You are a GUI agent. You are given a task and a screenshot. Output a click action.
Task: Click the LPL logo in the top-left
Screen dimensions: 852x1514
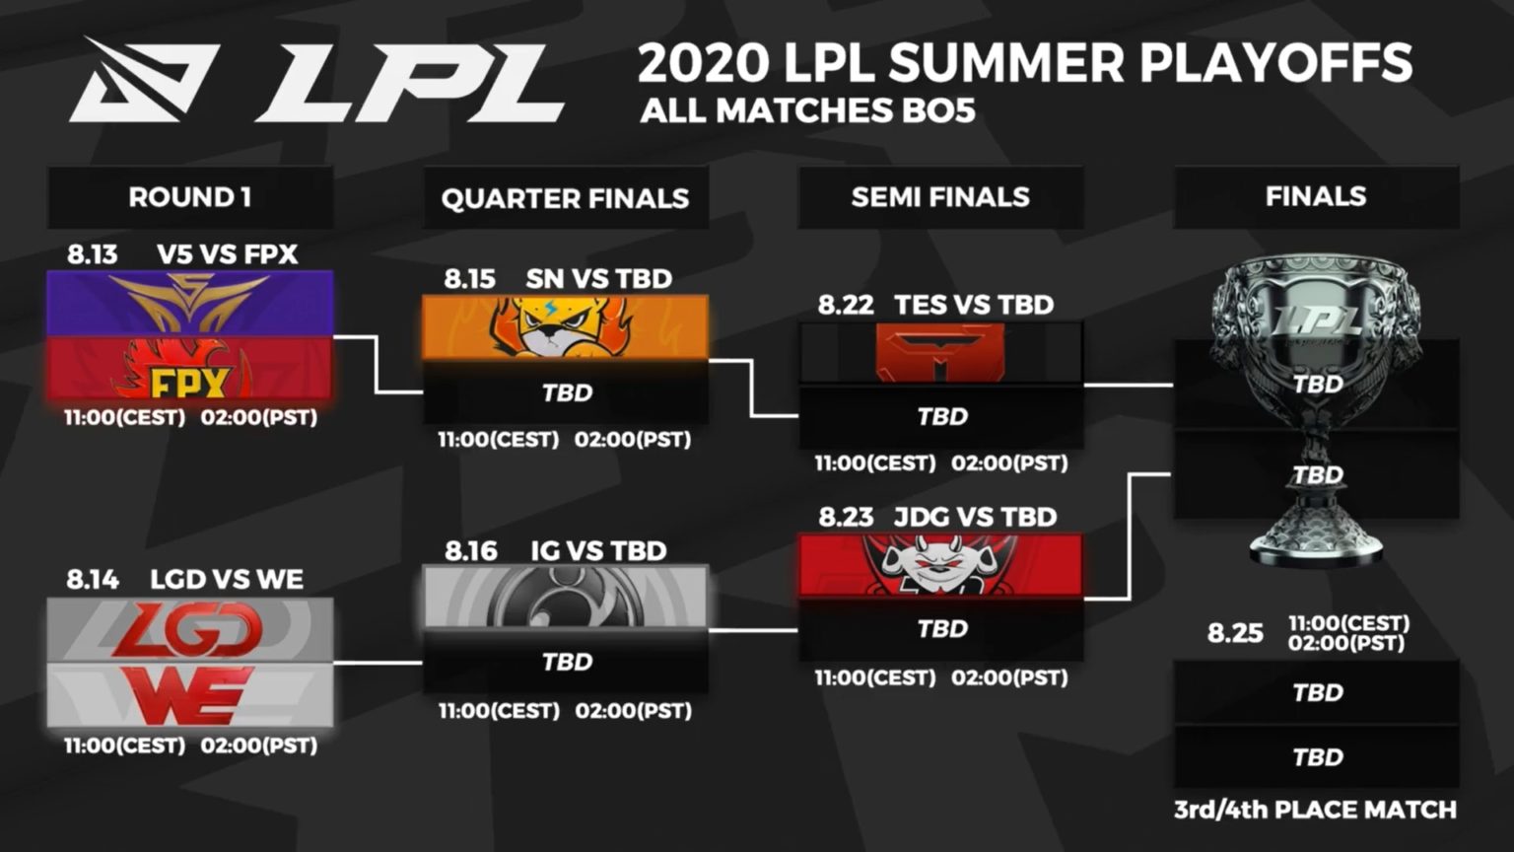[x=315, y=81]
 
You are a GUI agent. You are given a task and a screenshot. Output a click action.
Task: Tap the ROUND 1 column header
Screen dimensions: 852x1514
[x=189, y=197]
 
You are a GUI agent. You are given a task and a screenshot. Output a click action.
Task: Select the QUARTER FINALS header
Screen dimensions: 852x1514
[x=565, y=198]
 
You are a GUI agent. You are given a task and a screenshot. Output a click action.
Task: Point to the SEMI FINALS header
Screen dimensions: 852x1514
[x=940, y=197]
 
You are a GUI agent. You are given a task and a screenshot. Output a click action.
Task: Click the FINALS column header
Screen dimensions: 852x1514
[x=1316, y=196]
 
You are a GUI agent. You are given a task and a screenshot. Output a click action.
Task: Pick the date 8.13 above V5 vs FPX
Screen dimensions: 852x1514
[x=92, y=254]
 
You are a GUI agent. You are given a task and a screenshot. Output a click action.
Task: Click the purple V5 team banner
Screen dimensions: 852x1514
[x=190, y=303]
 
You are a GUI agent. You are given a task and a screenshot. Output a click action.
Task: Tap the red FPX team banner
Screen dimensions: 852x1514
[x=190, y=368]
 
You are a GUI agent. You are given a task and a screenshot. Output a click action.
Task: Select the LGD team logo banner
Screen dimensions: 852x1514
[x=190, y=630]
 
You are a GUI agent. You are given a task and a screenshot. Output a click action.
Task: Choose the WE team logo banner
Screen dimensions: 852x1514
[x=190, y=695]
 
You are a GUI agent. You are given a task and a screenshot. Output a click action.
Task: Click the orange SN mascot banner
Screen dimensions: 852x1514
[x=565, y=327]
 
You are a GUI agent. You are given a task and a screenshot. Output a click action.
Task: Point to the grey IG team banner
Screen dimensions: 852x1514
[x=565, y=597]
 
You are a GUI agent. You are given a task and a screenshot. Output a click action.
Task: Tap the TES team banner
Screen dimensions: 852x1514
[x=940, y=353]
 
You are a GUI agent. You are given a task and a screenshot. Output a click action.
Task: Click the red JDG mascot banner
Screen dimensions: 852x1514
[x=940, y=566]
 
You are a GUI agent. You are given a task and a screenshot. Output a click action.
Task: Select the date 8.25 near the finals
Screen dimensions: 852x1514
[x=1235, y=632]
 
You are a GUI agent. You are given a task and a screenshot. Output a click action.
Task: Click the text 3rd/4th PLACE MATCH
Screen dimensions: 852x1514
[x=1315, y=811]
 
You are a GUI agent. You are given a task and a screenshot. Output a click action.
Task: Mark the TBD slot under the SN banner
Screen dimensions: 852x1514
[x=567, y=392]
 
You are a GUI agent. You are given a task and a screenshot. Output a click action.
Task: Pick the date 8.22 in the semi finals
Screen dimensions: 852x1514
[x=846, y=305]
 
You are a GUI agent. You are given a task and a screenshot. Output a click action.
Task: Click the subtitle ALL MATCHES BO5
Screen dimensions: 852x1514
[x=807, y=110]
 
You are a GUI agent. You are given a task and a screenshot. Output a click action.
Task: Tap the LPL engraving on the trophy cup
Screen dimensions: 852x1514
[x=1318, y=319]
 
